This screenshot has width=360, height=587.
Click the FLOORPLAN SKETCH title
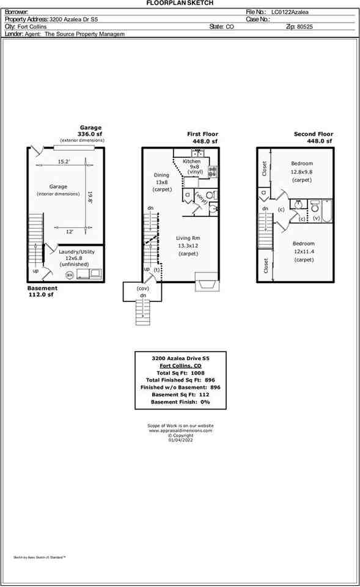(x=180, y=3)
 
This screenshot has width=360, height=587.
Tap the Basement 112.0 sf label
(x=43, y=292)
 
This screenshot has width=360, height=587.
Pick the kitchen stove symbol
(x=213, y=172)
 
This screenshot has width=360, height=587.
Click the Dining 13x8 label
(x=161, y=182)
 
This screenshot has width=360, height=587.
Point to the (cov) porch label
(x=143, y=288)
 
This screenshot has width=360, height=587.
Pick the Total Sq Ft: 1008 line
(x=180, y=372)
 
